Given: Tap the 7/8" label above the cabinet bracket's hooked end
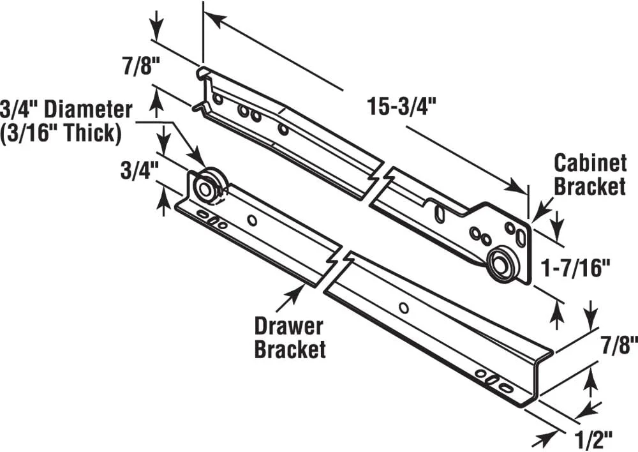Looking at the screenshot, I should coord(137,67).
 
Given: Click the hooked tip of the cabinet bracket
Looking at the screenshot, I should coord(201,72).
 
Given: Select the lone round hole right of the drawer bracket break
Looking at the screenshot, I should coord(403,308).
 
